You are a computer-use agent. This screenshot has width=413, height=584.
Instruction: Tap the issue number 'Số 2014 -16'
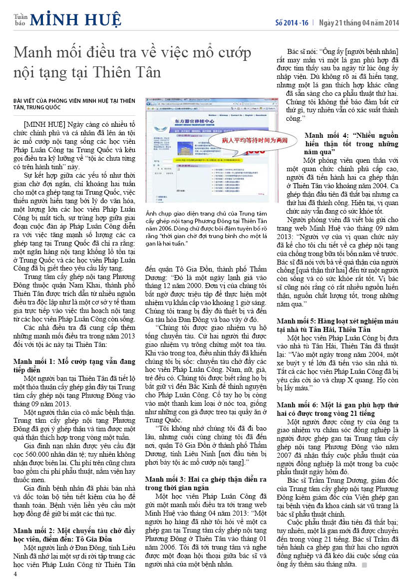click(292, 23)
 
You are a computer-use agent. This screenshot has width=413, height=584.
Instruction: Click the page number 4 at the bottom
click(15, 574)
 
